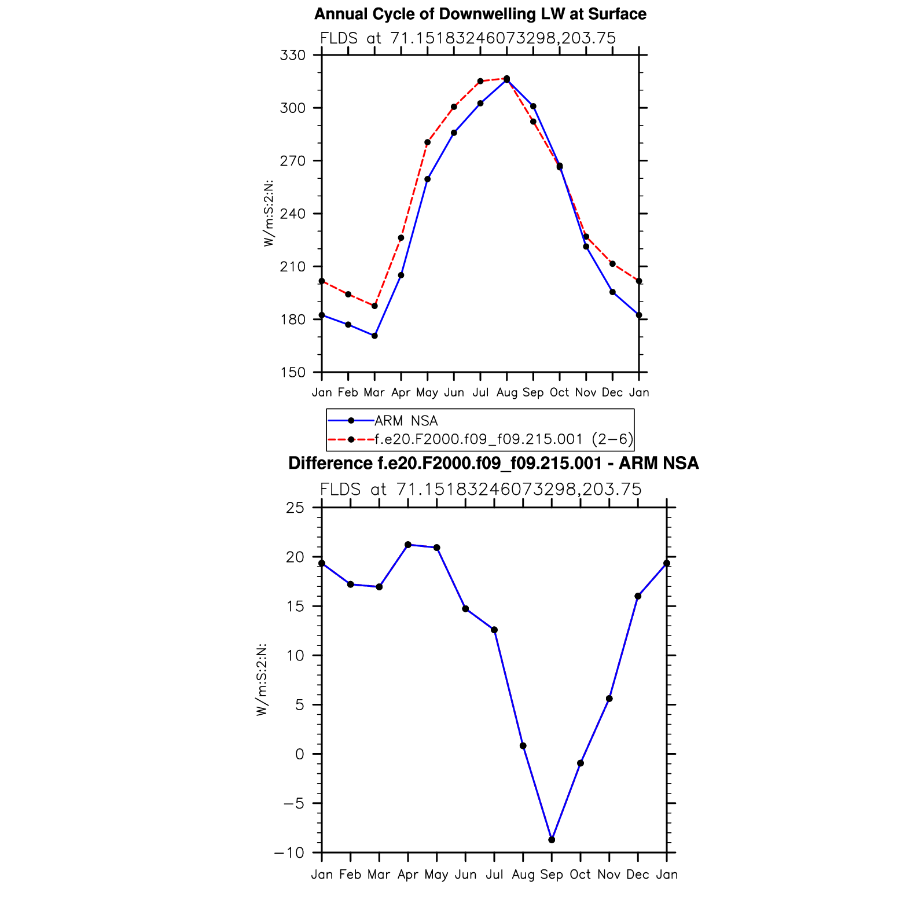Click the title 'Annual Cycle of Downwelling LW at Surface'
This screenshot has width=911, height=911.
(480, 14)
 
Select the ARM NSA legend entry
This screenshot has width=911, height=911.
(406, 421)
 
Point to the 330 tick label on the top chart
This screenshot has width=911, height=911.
(292, 56)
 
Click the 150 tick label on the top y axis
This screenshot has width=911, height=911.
(292, 373)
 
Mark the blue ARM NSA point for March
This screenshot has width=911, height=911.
(374, 336)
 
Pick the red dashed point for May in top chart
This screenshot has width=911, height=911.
(427, 142)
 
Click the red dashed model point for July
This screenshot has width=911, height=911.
(480, 81)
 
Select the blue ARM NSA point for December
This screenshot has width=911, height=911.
(612, 292)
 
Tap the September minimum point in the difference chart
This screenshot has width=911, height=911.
(552, 840)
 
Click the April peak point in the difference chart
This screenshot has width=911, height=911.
(408, 545)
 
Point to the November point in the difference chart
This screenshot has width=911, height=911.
(609, 699)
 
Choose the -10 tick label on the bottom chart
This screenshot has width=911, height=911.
(289, 853)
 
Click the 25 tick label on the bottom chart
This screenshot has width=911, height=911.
(295, 508)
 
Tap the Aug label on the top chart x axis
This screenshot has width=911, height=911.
(506, 392)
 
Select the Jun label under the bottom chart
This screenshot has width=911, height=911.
(465, 875)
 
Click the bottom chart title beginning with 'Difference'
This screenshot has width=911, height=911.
(493, 464)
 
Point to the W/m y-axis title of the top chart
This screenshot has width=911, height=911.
(268, 214)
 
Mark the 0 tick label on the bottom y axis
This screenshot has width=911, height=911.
(299, 754)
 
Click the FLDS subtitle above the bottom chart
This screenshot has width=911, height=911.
(480, 490)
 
